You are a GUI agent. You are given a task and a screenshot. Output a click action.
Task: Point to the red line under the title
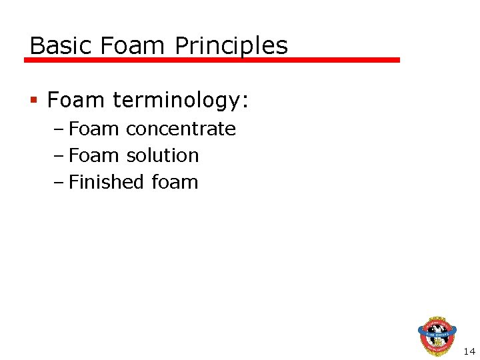(212, 60)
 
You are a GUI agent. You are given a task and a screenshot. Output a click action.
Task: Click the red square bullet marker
(34, 101)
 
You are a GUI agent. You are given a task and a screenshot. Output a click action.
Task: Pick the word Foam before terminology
(76, 101)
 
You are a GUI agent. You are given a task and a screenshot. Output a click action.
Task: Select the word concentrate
(181, 129)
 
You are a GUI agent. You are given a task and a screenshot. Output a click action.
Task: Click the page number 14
(469, 351)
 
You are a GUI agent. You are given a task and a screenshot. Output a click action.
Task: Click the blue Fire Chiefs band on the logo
(437, 330)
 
